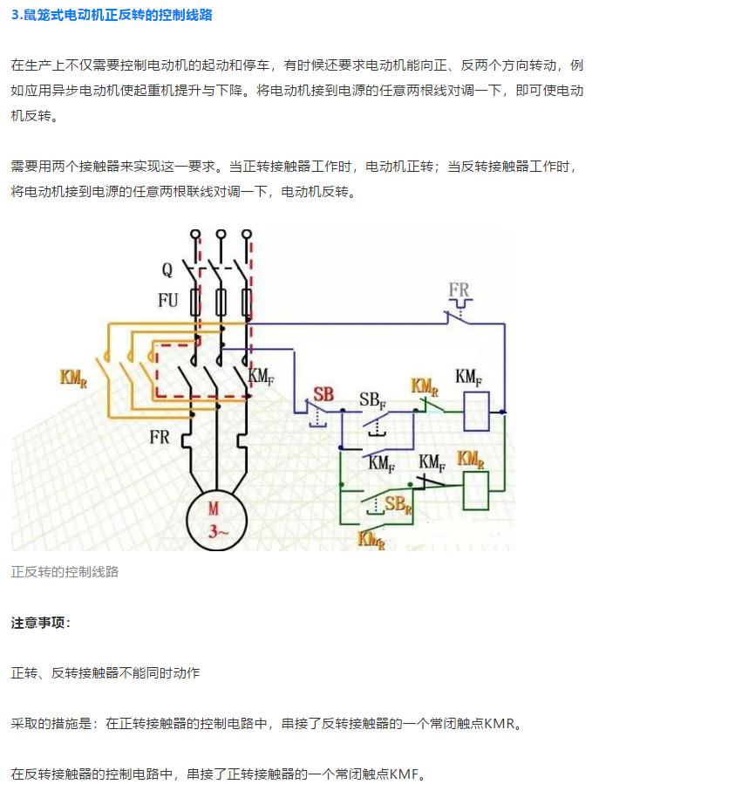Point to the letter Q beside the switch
click(167, 270)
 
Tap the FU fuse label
click(168, 301)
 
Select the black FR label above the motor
click(160, 437)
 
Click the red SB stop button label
click(323, 394)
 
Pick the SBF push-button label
click(374, 401)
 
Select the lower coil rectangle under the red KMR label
click(476, 489)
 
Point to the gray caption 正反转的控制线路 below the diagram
click(65, 572)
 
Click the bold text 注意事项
click(41, 623)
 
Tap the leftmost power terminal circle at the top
click(196, 235)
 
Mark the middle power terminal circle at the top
click(221, 235)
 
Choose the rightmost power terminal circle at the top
click(247, 235)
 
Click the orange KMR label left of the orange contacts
click(74, 378)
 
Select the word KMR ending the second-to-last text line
click(500, 723)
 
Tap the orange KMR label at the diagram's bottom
click(372, 538)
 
